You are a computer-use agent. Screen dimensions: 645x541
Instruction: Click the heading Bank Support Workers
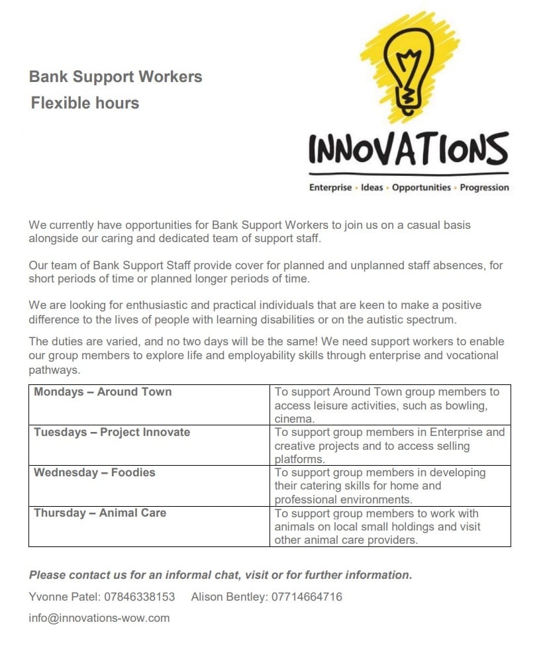[115, 77]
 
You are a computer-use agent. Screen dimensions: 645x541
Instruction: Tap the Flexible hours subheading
[85, 103]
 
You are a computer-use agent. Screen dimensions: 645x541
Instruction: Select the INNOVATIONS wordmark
[409, 149]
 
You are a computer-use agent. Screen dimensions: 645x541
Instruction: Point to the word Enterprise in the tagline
[330, 187]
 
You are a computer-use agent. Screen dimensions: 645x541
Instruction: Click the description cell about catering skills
[391, 486]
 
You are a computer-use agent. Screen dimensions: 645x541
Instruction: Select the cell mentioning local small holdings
[391, 527]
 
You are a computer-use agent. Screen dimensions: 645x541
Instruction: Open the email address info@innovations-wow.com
[99, 619]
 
